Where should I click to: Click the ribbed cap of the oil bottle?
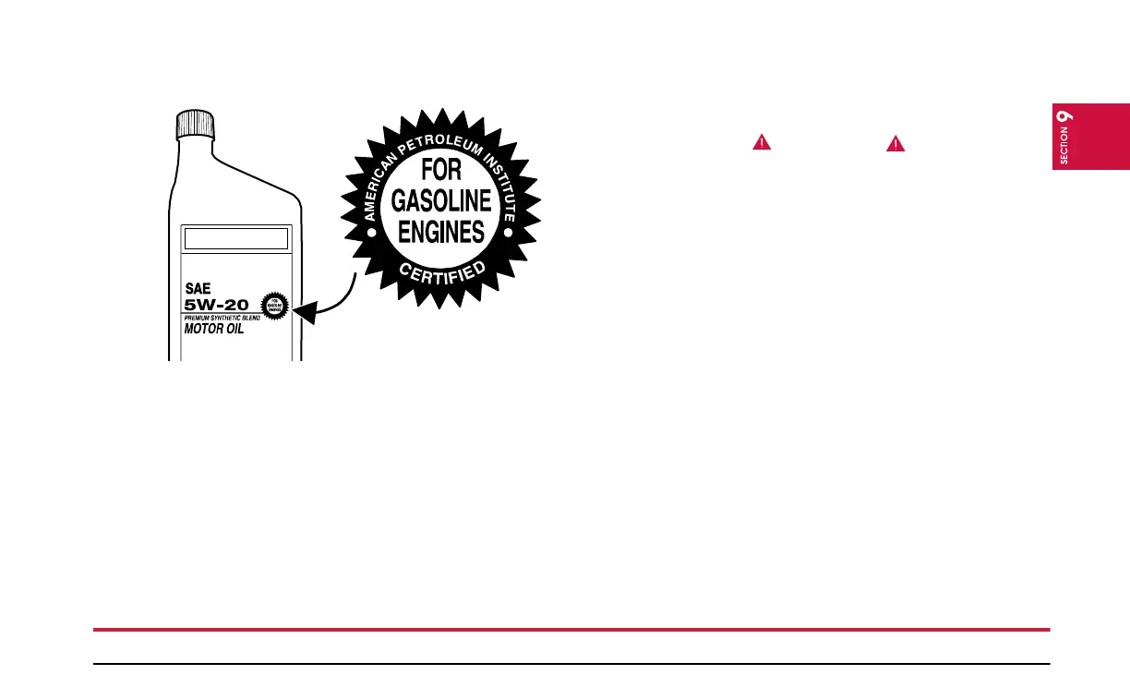pos(195,124)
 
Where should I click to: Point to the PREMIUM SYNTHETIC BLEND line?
pos(222,318)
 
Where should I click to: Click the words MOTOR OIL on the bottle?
pos(214,329)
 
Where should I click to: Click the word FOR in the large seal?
pos(440,172)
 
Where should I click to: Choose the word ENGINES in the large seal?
pos(440,230)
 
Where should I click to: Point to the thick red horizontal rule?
pos(571,630)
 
